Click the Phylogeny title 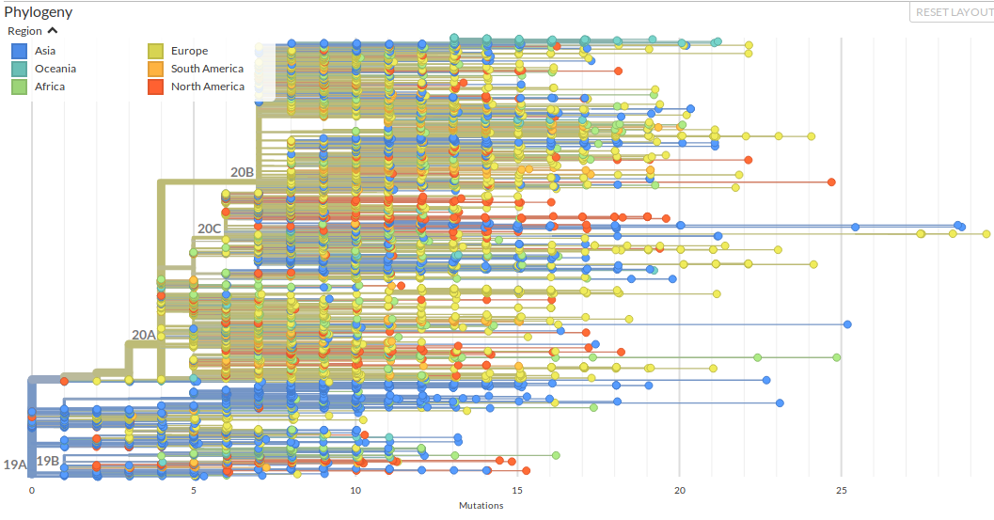tap(39, 12)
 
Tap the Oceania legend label tap(55, 69)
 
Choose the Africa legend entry tap(50, 87)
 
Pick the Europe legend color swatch tap(156, 52)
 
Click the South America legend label tap(207, 69)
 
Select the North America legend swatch tap(156, 87)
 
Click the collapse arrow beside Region tap(53, 31)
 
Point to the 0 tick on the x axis tap(32, 491)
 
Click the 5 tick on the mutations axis tap(194, 491)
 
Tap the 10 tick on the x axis tap(355, 491)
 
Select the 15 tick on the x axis tap(517, 491)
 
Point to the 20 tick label tap(680, 491)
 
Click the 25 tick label tap(842, 491)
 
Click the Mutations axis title tap(481, 506)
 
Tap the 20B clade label tap(242, 172)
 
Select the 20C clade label tap(209, 228)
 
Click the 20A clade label tap(143, 335)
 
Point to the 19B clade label tap(48, 461)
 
